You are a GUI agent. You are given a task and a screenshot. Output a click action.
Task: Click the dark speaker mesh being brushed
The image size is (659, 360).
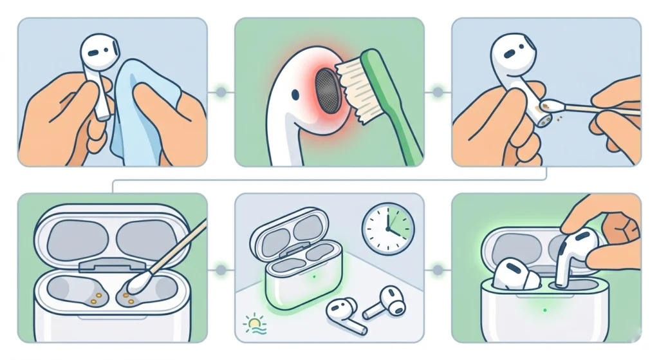click(x=329, y=91)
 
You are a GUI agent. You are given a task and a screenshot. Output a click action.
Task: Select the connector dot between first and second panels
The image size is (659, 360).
click(x=221, y=93)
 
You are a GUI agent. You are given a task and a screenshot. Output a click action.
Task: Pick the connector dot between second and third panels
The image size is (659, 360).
click(x=438, y=93)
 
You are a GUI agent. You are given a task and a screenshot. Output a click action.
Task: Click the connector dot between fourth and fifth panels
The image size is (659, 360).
click(x=221, y=269)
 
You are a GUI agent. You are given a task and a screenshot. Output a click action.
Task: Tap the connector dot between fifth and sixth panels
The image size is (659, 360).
click(x=438, y=269)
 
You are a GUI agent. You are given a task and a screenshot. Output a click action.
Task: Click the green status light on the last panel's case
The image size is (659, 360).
click(x=544, y=310)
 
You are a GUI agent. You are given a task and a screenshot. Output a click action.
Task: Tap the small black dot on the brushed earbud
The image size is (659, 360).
click(x=294, y=95)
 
